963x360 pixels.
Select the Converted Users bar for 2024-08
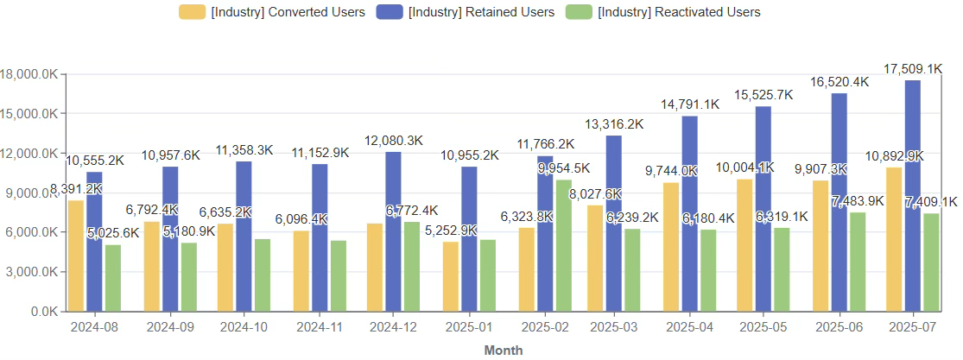point(76,256)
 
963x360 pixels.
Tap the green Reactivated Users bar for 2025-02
point(563,245)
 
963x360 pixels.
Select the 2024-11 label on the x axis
point(320,328)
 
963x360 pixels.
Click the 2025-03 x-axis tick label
point(618,328)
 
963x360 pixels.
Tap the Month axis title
point(504,350)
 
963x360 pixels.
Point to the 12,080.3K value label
point(393,141)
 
